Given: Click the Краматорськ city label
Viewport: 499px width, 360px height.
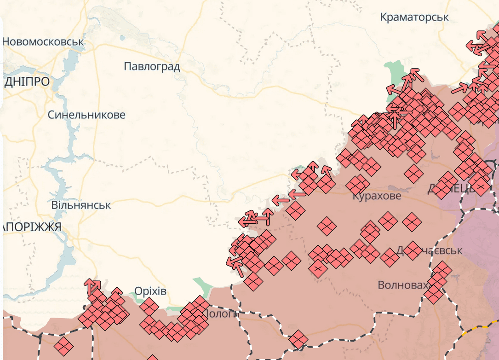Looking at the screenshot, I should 414,17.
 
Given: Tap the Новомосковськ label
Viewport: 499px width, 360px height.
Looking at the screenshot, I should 43,41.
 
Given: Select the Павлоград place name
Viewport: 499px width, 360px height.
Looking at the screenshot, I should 152,67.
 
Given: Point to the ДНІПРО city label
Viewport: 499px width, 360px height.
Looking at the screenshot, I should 27,82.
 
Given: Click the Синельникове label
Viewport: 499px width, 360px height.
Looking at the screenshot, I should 86,115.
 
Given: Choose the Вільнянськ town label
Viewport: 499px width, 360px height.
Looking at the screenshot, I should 81,205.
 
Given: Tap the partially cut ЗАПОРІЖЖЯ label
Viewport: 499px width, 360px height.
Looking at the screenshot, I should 31,227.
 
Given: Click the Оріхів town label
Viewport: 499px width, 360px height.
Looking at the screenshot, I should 150,291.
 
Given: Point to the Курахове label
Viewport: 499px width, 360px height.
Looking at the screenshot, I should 377,196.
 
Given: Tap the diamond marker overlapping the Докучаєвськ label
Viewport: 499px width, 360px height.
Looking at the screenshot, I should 412,250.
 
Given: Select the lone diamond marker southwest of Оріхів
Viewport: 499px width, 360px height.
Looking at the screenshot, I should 63,345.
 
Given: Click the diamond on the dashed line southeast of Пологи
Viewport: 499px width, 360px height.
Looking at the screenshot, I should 298,339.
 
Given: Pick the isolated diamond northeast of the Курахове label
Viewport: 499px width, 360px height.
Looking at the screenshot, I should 414,173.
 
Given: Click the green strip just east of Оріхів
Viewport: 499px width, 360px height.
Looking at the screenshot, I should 202,286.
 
